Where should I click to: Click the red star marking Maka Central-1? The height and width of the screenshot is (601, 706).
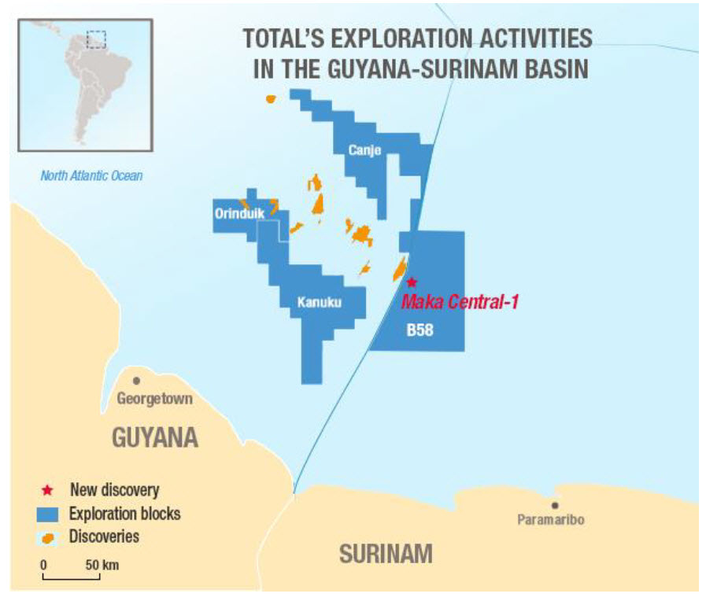click(x=411, y=282)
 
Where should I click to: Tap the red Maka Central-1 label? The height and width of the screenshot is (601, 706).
click(x=460, y=301)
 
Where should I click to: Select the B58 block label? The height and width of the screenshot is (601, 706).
click(x=420, y=331)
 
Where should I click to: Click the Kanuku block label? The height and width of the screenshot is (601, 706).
click(x=320, y=301)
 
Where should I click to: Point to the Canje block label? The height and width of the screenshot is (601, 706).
click(x=364, y=152)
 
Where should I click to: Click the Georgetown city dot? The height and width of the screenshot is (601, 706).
click(x=137, y=381)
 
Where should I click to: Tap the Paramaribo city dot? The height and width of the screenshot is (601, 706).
click(x=556, y=506)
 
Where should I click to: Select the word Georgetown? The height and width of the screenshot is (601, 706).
click(x=154, y=399)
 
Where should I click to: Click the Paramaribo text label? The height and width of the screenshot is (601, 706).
click(x=551, y=520)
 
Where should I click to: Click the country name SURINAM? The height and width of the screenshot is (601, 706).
click(x=386, y=554)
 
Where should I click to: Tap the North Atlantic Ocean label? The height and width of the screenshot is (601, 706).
click(x=92, y=175)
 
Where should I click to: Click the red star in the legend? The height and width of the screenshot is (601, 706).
click(x=48, y=490)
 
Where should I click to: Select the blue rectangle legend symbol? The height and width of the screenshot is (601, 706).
click(x=49, y=514)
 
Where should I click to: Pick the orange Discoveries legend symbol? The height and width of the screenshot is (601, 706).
click(x=49, y=538)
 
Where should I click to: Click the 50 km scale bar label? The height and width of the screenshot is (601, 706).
click(x=103, y=565)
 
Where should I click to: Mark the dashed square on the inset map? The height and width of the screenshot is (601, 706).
click(x=96, y=39)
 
